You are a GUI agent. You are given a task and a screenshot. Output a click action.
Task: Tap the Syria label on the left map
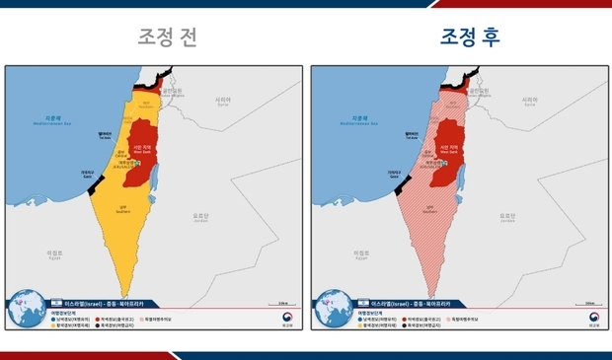[x=224, y=101]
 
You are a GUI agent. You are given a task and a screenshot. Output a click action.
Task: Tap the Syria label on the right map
[x=530, y=101]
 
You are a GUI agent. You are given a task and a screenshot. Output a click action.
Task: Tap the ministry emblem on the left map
[x=287, y=319]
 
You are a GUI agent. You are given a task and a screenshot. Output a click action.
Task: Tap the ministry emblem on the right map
[x=593, y=319]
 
